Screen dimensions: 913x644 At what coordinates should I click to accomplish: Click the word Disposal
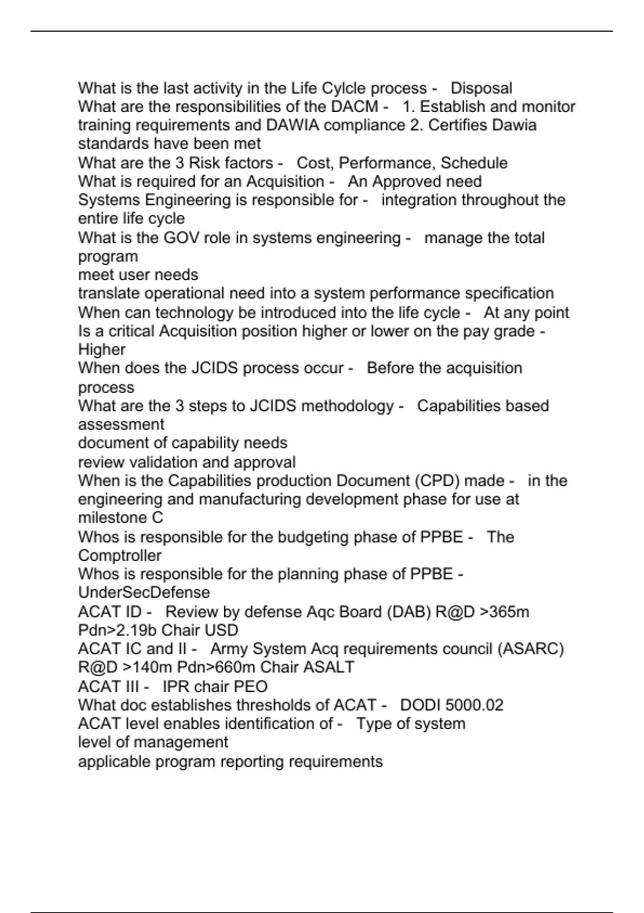click(481, 88)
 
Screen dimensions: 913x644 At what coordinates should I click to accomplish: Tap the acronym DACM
click(355, 107)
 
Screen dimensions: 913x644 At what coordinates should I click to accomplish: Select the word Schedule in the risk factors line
click(474, 163)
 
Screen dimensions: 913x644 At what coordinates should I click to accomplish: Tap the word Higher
click(101, 350)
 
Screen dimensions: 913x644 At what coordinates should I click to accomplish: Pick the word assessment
click(121, 424)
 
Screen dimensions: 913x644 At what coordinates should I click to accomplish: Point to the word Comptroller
click(119, 555)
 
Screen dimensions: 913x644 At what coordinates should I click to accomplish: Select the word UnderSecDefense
click(144, 592)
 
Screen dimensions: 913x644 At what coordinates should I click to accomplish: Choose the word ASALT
click(328, 667)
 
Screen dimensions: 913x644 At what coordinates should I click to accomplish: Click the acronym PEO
click(251, 686)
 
